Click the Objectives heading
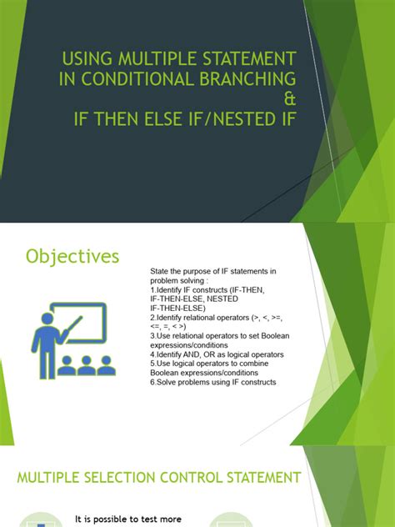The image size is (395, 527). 72,256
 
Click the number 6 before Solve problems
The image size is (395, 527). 152,382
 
